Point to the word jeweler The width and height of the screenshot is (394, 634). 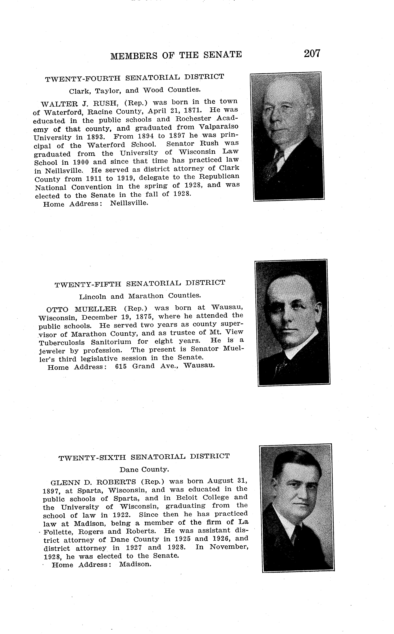pos(52,351)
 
